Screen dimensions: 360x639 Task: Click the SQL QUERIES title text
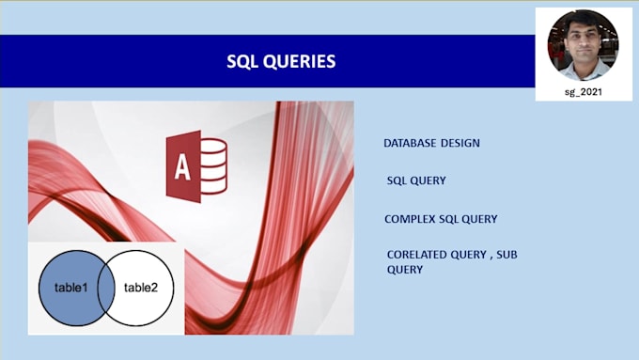(x=281, y=62)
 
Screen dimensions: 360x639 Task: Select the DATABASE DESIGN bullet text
(x=431, y=144)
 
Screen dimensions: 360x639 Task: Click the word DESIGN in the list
(x=460, y=144)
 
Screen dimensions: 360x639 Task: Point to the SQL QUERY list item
(x=416, y=180)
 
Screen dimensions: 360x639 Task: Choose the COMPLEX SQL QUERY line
(x=441, y=219)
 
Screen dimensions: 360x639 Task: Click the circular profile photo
(x=584, y=44)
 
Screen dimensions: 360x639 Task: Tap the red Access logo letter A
(x=183, y=167)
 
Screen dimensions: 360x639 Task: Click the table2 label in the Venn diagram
(x=142, y=288)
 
